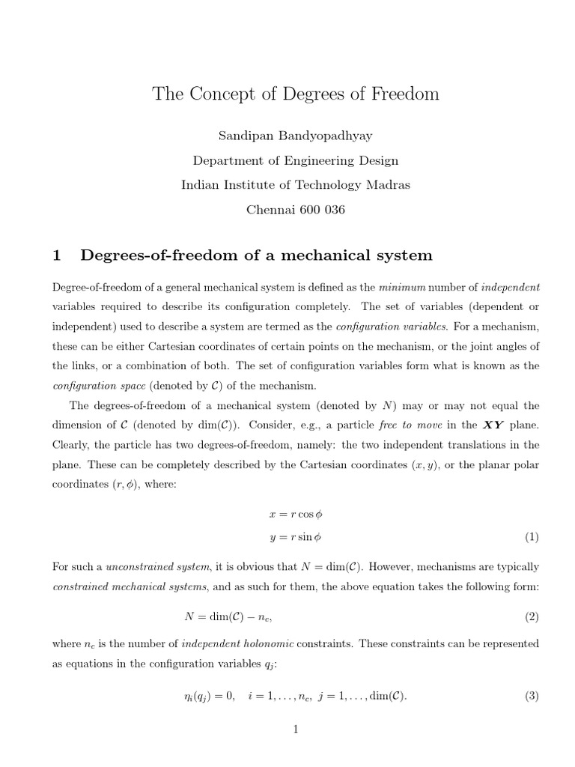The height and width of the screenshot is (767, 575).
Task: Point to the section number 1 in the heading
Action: pos(56,255)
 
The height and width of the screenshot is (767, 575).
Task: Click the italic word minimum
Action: pos(402,288)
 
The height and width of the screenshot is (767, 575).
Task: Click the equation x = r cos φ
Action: pos(296,515)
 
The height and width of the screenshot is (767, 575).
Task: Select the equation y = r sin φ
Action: pos(296,537)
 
